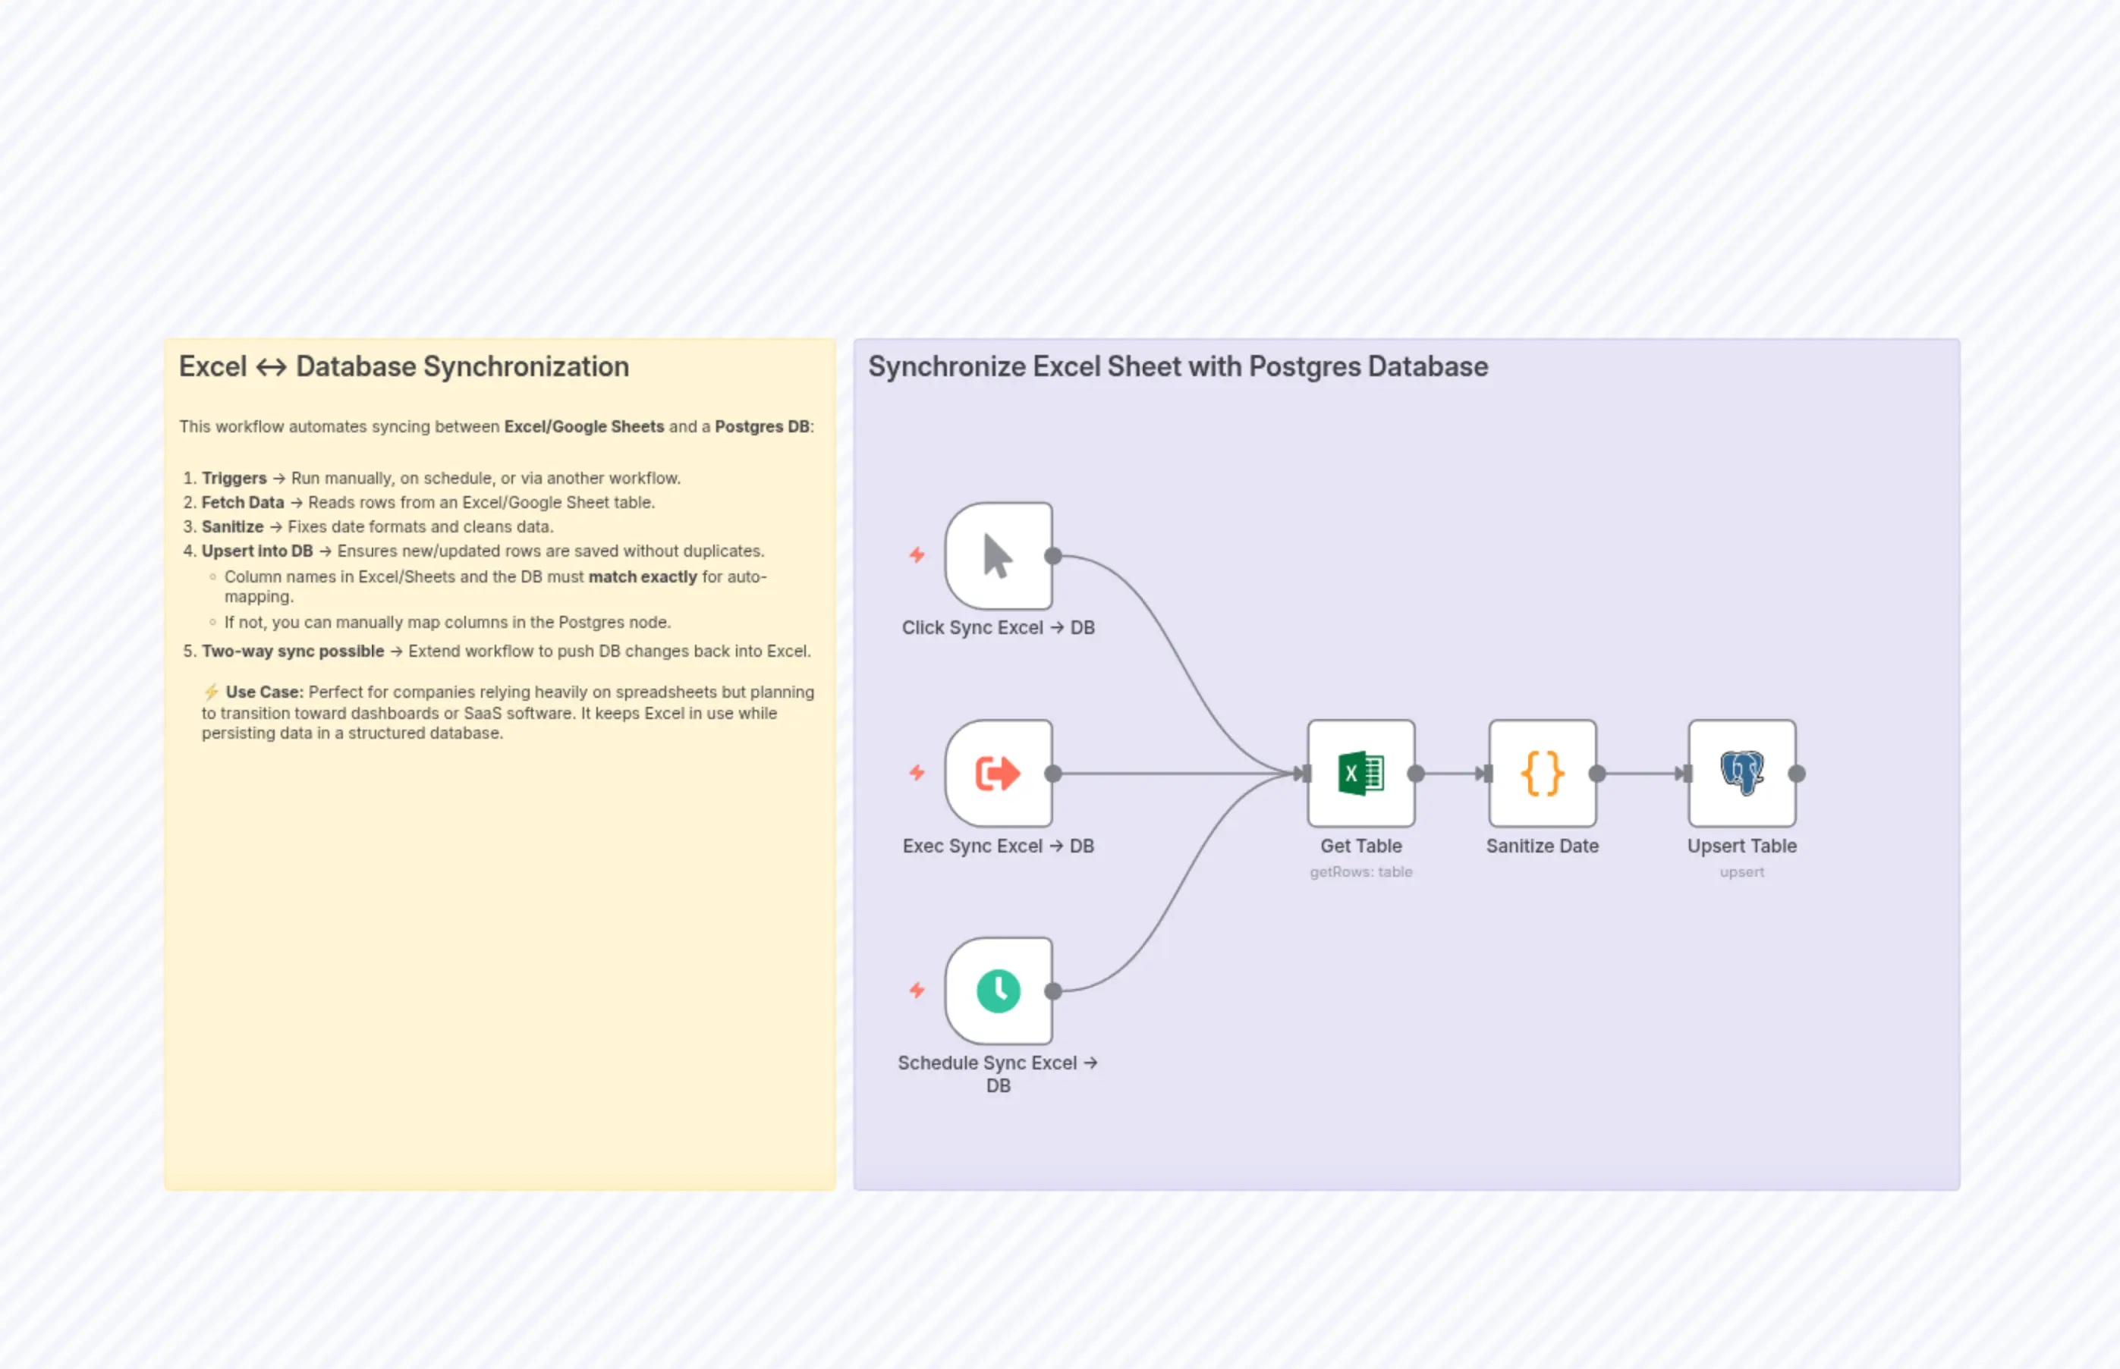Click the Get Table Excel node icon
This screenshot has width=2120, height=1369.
point(1360,773)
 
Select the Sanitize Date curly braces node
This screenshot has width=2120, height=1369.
point(1542,773)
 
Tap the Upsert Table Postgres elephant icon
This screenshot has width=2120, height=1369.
point(1741,773)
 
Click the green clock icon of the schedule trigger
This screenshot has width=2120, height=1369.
point(998,991)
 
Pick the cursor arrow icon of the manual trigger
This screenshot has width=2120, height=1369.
point(998,556)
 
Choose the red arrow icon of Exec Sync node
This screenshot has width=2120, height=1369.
point(998,773)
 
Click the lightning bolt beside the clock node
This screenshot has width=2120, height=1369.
point(917,990)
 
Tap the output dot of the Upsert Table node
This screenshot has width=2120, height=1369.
point(1796,774)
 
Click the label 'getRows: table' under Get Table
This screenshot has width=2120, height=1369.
point(1360,872)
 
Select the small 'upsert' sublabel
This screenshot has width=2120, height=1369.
point(1741,872)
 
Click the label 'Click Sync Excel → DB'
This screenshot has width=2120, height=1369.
point(998,627)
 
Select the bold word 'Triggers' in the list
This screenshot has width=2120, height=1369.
point(234,479)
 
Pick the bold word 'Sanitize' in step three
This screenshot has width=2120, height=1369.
point(232,527)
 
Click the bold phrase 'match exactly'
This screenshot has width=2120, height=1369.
point(642,577)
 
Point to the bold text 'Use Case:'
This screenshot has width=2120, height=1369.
point(264,692)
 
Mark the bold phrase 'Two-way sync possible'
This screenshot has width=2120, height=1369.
point(293,652)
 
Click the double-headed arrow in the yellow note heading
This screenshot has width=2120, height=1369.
point(271,367)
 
